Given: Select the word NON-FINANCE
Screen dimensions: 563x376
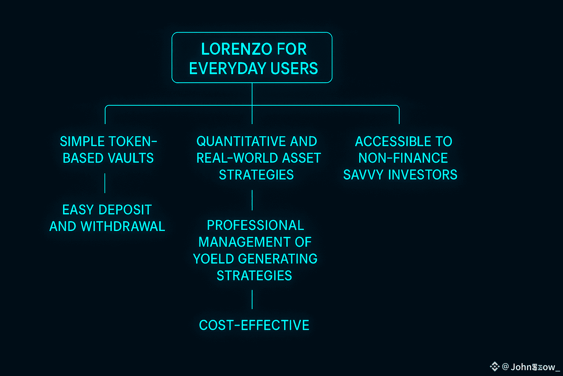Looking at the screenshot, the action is point(403,158).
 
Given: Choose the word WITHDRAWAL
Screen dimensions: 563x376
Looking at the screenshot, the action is point(123,227).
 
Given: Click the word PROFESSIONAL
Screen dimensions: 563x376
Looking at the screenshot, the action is point(255,225).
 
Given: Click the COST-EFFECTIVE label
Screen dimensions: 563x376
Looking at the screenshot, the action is point(254,325).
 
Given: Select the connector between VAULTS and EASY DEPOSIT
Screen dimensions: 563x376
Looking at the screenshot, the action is point(105,183).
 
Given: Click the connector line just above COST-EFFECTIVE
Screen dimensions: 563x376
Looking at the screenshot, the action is point(252,299).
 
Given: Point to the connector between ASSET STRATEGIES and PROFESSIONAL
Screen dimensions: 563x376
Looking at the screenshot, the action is point(252,200).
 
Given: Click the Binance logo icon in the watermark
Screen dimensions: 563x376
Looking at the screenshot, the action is point(494,366).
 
